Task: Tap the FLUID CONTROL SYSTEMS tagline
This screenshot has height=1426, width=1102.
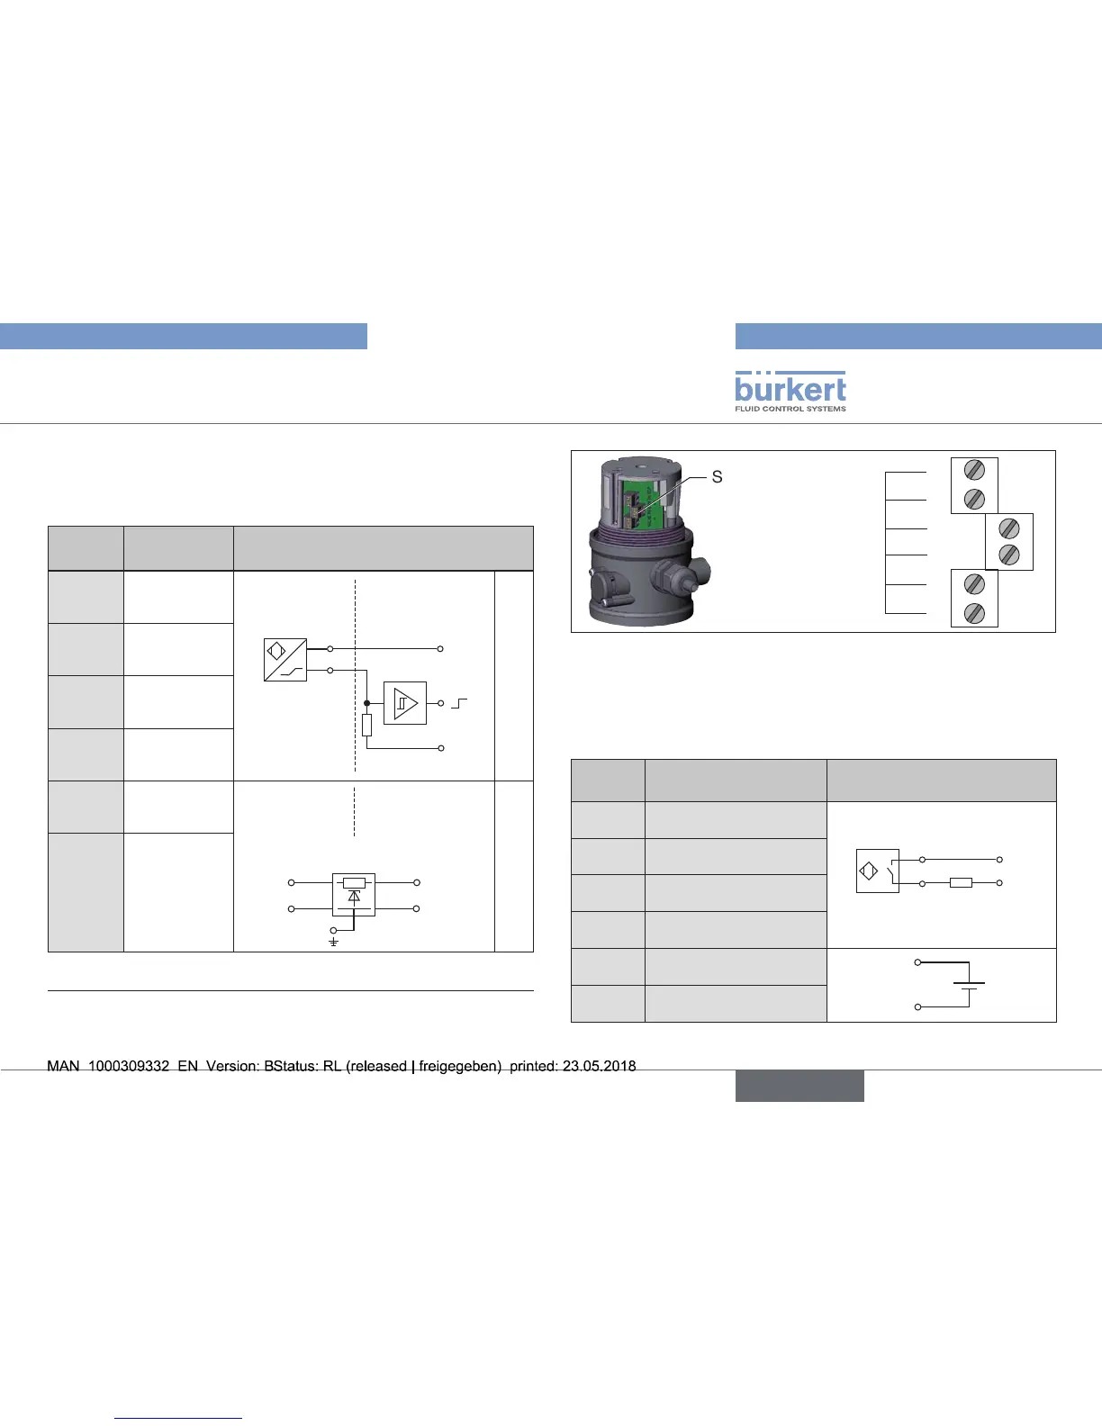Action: point(790,408)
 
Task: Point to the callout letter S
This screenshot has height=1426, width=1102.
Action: point(717,477)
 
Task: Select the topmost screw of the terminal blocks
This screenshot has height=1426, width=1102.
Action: point(974,470)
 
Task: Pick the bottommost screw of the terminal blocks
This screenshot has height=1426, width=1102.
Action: point(974,614)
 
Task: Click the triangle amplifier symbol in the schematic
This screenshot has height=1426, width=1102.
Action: point(405,703)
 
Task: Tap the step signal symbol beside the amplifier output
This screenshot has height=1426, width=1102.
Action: point(459,703)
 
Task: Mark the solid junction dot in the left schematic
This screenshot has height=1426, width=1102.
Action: point(367,703)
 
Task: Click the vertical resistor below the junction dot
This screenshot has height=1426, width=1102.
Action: point(367,725)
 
